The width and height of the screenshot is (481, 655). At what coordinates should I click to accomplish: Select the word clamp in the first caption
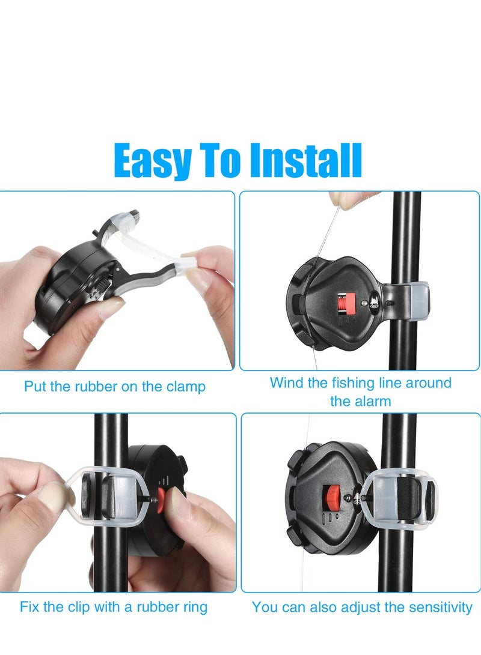184,386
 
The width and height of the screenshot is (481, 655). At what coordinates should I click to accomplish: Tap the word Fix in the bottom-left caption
29,606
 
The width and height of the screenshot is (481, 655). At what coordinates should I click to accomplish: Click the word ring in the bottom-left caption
192,606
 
